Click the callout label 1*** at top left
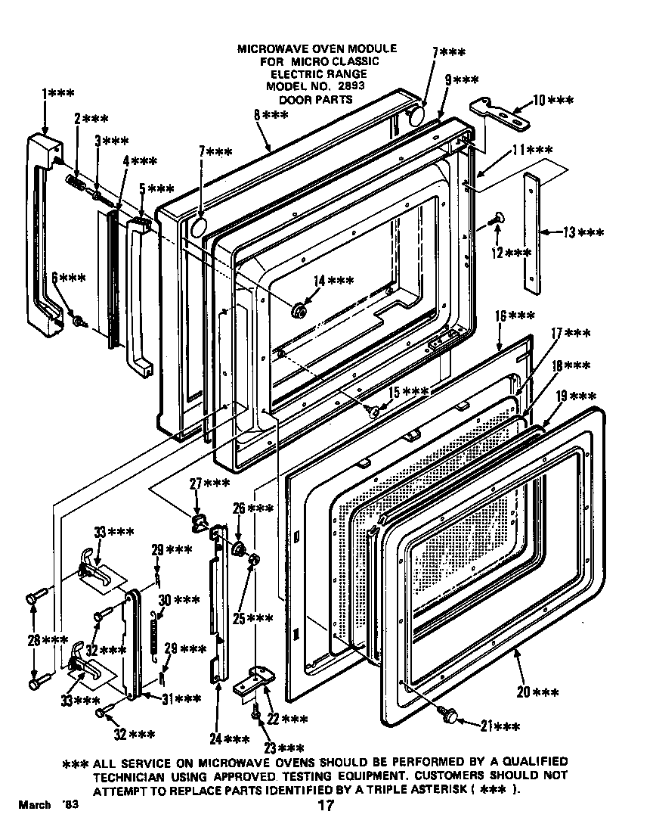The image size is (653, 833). [57, 93]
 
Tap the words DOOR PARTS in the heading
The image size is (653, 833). [317, 99]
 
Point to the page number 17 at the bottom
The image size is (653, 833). [325, 806]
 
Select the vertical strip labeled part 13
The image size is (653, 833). [533, 233]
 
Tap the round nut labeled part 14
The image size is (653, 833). [299, 308]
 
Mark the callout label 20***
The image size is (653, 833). [539, 692]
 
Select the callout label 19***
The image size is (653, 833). [575, 396]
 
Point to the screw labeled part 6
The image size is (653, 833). [78, 320]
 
